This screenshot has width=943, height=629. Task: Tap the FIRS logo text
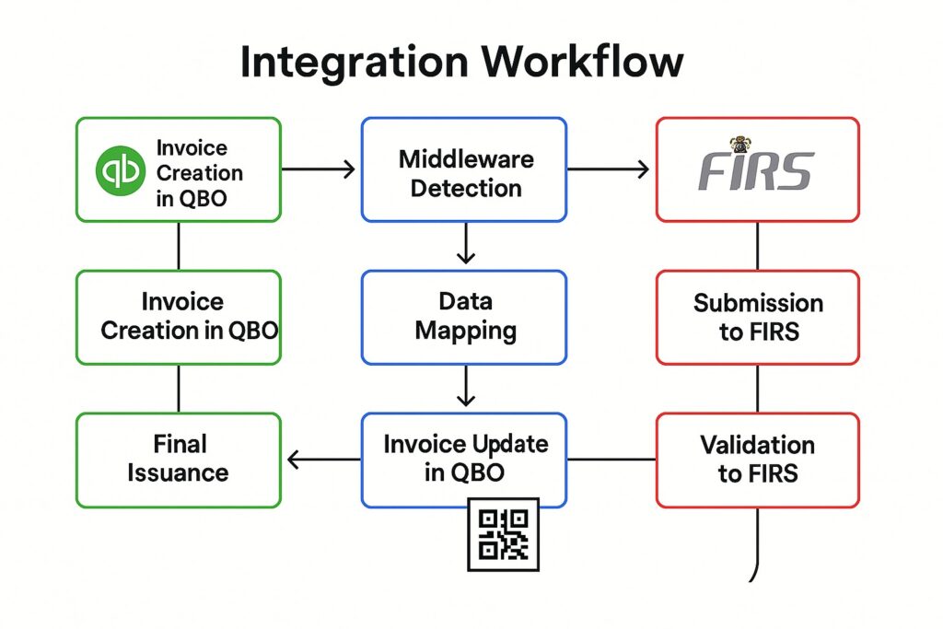[x=755, y=172]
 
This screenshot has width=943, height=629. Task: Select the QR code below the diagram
[x=503, y=534]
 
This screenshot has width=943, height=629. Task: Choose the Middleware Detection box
[x=464, y=170]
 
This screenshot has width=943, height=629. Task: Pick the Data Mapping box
[x=464, y=317]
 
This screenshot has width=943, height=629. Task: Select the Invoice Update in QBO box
[x=464, y=460]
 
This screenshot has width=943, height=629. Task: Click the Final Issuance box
[x=178, y=460]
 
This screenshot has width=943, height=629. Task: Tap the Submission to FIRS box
[x=757, y=317]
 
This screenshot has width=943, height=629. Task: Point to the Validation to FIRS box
[x=757, y=460]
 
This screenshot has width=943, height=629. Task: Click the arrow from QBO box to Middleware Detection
[x=319, y=169]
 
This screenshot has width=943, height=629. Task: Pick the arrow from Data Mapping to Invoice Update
[x=466, y=387]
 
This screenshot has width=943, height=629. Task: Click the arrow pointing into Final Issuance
[x=322, y=459]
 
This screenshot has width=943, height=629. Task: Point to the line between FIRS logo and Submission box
[x=757, y=246]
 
